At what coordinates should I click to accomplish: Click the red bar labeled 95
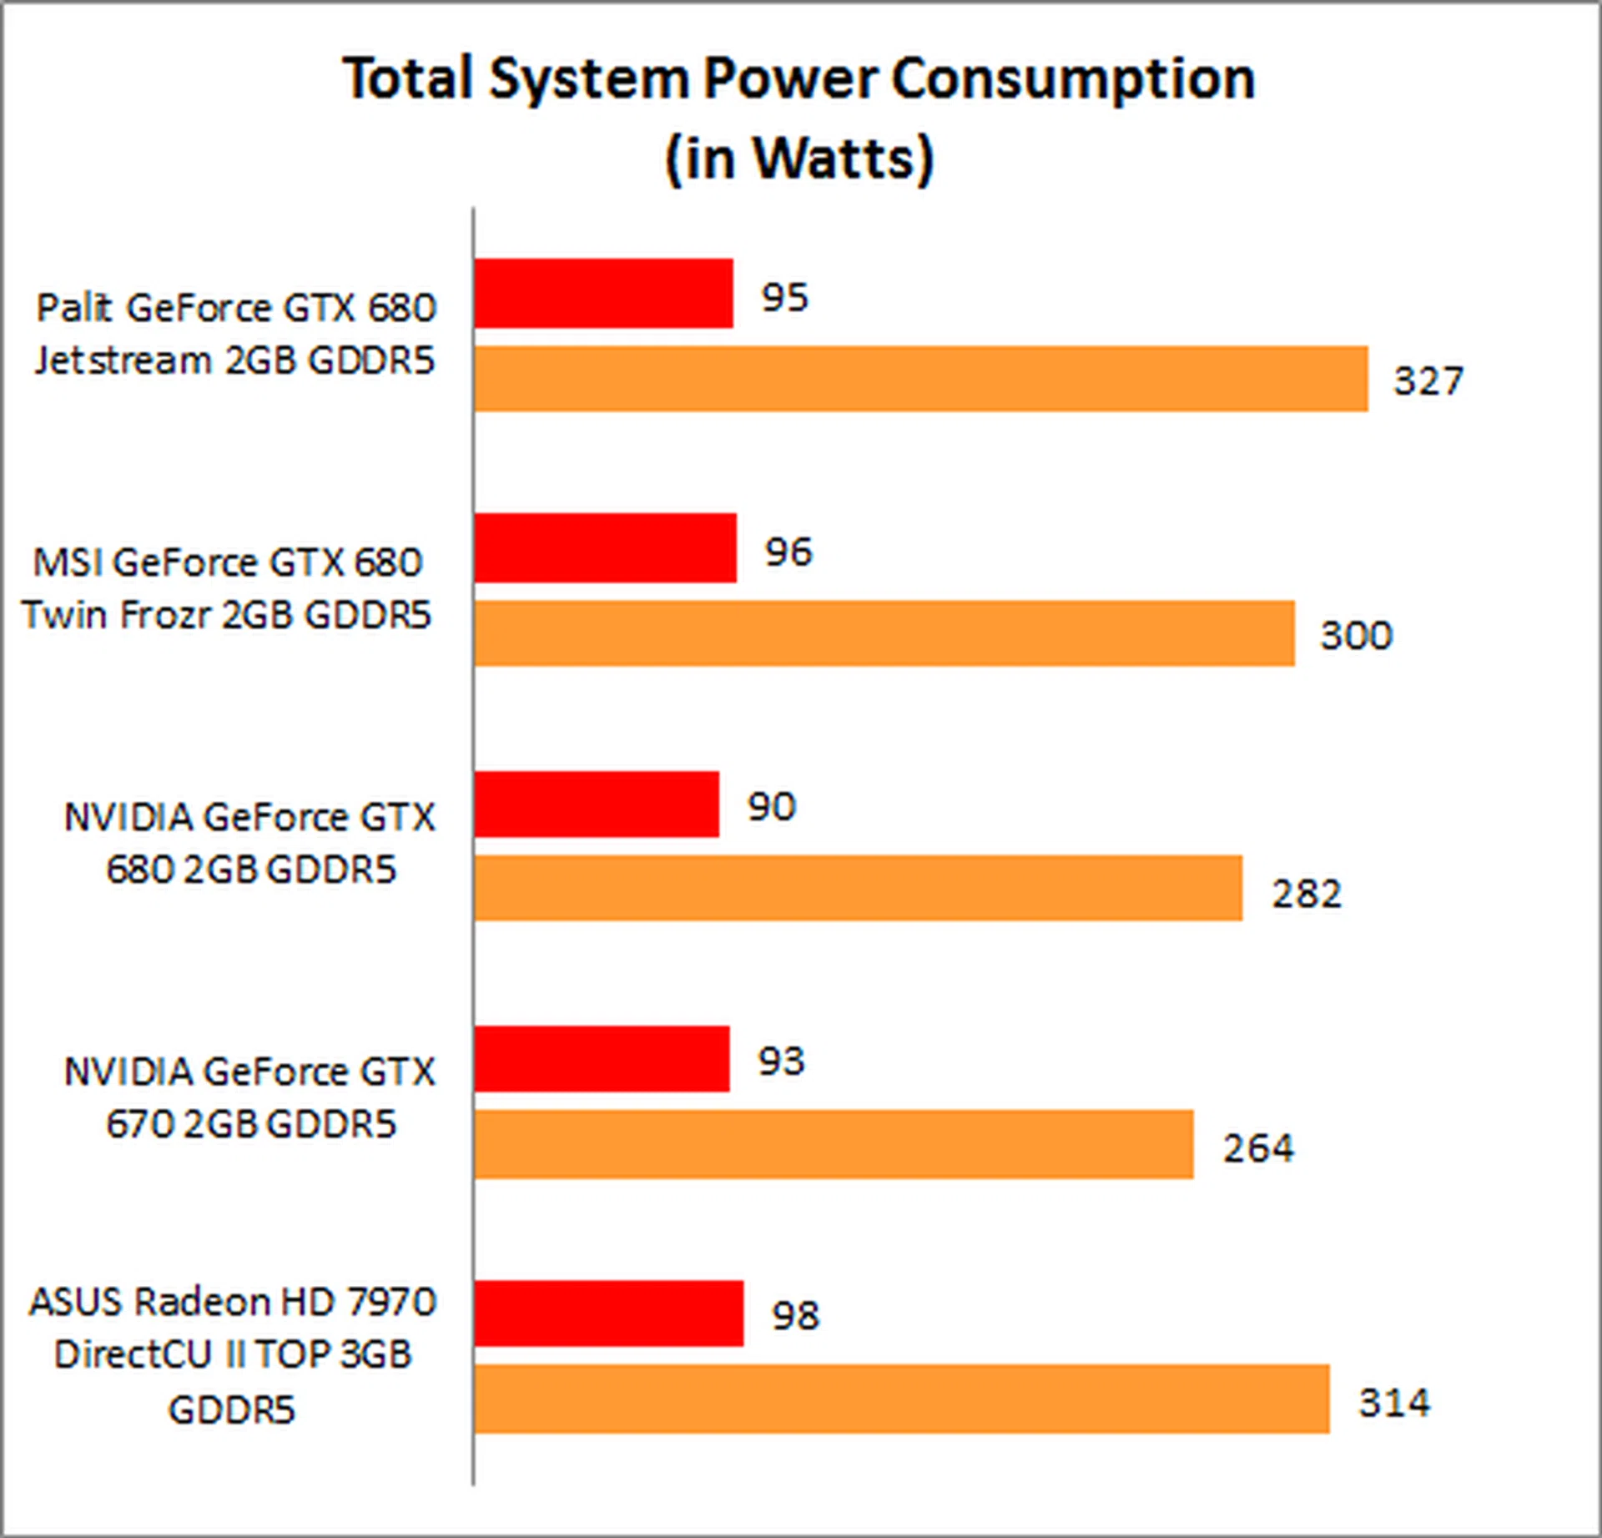point(603,294)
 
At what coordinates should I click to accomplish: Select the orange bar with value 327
point(920,379)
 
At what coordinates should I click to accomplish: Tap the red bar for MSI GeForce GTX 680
point(605,548)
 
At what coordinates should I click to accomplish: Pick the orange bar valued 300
point(884,633)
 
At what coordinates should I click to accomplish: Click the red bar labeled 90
point(597,804)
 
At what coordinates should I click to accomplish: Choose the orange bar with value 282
point(858,888)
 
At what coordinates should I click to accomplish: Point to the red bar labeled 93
point(602,1059)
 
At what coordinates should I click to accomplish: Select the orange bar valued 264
point(833,1144)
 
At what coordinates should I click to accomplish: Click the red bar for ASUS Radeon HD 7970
point(608,1314)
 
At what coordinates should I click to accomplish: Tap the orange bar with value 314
point(901,1399)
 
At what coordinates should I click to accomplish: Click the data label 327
point(1428,381)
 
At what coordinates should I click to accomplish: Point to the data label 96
point(788,552)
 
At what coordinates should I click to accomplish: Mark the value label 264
point(1258,1147)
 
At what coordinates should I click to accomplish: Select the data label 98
point(795,1316)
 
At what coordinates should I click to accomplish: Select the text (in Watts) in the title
point(799,159)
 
